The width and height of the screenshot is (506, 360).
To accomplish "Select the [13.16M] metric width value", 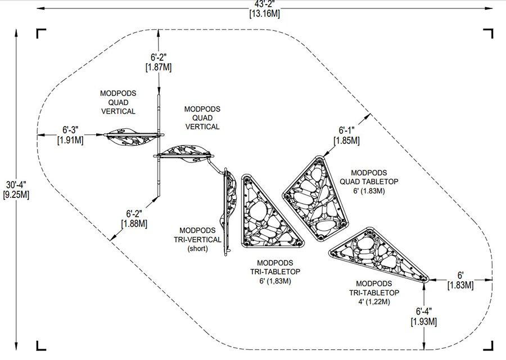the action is point(265,14).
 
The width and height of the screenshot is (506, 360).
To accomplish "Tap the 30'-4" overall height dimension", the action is point(16,185).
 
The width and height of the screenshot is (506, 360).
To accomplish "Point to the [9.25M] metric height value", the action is point(16,195).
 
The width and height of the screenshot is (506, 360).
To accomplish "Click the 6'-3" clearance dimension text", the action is point(70,130).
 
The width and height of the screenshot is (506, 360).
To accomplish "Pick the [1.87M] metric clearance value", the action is point(159,67).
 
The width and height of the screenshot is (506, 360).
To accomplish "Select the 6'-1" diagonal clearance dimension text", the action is point(346,130).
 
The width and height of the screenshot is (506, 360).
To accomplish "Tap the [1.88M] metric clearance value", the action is point(134,223).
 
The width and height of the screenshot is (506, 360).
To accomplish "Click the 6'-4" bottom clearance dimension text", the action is point(424,312).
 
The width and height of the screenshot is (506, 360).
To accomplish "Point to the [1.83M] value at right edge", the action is point(460,285).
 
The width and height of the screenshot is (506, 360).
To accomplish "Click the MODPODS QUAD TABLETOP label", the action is point(369,182).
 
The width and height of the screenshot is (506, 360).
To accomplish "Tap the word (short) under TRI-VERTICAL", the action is point(197,249).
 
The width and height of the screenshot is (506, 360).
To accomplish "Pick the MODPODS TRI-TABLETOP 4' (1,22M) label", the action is point(374,293).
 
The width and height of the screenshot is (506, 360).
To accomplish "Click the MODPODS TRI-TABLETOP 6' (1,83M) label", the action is point(275,272).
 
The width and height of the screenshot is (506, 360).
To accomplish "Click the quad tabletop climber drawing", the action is point(316,198).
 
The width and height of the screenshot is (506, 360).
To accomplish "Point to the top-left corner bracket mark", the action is point(39,31).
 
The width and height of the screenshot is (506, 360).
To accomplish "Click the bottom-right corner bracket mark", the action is point(490,348).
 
